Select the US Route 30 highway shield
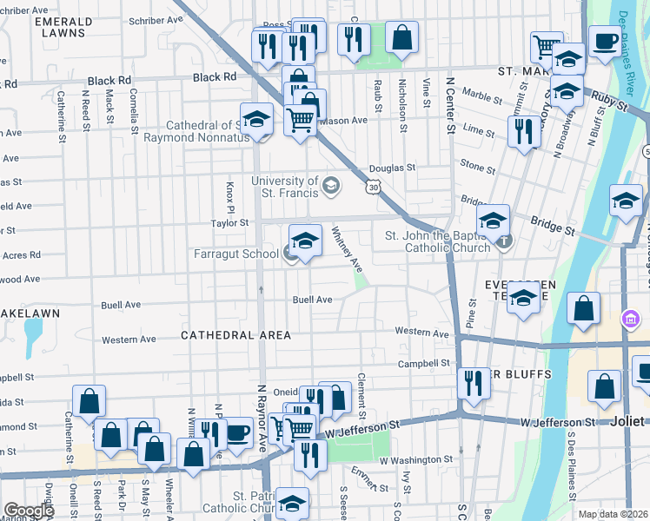373,187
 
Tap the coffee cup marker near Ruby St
605,41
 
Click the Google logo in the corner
29,510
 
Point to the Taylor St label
229,223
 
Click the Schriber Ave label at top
155,18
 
